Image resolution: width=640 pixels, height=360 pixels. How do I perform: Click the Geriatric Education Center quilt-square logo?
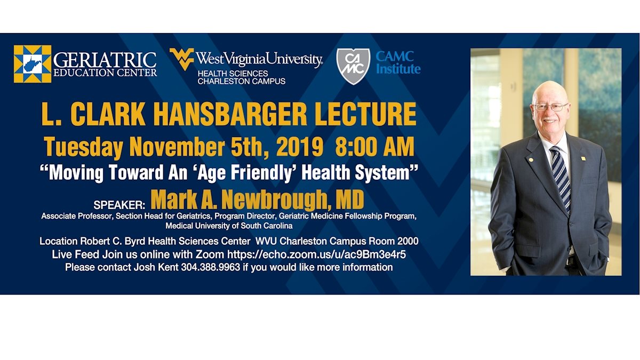(33, 63)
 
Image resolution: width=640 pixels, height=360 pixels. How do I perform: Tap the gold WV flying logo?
(182, 59)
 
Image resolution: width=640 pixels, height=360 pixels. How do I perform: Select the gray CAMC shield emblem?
(353, 66)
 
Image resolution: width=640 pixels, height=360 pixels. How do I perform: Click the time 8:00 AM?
(374, 147)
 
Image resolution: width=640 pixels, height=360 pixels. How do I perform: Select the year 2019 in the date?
(299, 147)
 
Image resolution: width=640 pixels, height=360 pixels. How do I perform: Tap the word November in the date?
(177, 147)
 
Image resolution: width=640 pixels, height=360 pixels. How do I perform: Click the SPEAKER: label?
(119, 205)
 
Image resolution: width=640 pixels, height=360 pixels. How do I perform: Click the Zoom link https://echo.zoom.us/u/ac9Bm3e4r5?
(316, 254)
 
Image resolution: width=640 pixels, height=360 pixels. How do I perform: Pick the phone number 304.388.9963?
(211, 267)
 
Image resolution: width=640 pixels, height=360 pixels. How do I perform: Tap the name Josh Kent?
(156, 267)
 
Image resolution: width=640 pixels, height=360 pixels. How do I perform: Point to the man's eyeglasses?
(550, 107)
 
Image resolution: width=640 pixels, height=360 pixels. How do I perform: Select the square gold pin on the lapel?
(583, 158)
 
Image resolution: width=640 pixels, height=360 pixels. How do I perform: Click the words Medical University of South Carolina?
(229, 226)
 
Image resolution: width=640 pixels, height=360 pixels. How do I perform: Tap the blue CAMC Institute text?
(398, 62)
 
